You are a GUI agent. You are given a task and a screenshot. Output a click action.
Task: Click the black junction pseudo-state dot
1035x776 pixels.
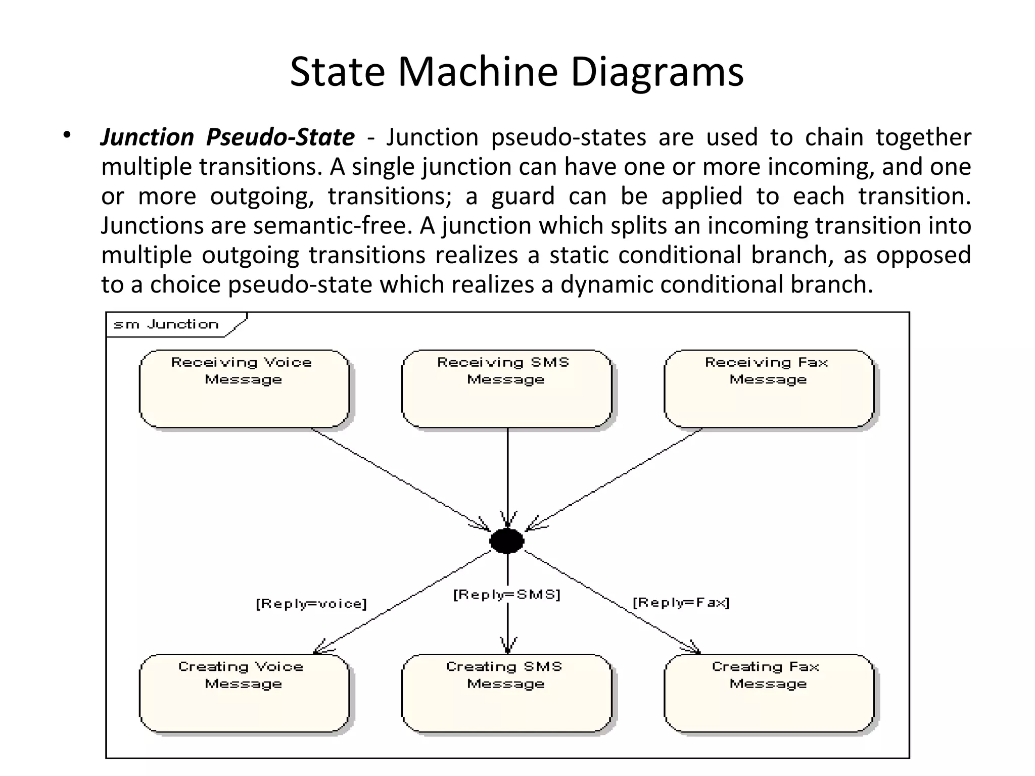click(x=507, y=541)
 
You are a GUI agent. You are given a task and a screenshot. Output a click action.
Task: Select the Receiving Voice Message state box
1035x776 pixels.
click(x=244, y=389)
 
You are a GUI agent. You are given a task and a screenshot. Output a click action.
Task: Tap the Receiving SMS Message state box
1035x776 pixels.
click(x=506, y=389)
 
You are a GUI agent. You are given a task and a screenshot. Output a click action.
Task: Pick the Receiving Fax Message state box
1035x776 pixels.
click(x=769, y=389)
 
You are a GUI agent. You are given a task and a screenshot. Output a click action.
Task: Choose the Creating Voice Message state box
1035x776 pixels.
click(x=244, y=693)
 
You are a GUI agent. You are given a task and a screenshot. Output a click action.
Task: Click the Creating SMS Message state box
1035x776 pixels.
click(x=506, y=693)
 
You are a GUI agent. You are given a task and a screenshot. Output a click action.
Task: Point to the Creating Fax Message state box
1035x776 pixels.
click(x=769, y=693)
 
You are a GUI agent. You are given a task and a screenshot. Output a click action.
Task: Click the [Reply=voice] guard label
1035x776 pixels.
click(x=311, y=604)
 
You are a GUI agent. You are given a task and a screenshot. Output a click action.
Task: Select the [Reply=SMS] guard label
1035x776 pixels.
click(x=507, y=595)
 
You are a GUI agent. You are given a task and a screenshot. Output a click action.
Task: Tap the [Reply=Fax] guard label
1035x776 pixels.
click(x=681, y=602)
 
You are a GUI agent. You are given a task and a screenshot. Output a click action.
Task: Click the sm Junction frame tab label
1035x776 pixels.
click(x=166, y=324)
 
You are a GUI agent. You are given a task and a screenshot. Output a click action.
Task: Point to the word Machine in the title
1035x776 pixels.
click(x=478, y=72)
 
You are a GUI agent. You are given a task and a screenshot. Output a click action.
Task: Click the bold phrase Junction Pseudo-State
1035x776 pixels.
click(x=227, y=137)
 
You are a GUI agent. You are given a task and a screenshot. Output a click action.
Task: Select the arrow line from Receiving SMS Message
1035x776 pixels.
click(x=507, y=475)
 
